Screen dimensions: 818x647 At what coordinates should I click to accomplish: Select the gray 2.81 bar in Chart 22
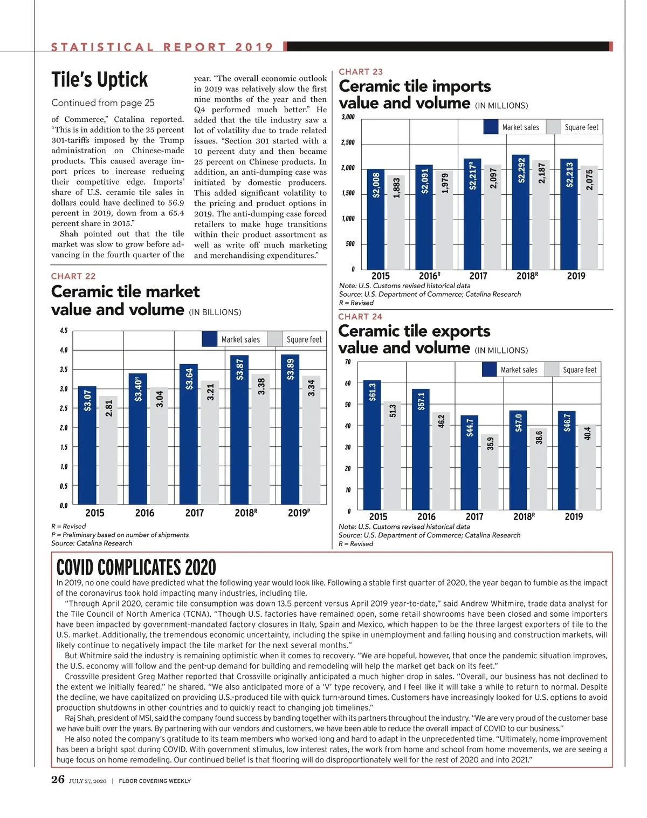click(108, 451)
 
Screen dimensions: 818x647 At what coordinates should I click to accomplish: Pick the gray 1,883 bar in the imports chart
click(396, 222)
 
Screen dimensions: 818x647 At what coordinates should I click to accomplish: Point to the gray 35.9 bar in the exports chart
click(490, 472)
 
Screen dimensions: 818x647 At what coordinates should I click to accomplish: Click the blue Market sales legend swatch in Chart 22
click(210, 339)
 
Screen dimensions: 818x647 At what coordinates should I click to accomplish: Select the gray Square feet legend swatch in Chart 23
click(553, 127)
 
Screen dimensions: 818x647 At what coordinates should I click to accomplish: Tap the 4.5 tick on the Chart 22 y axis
click(64, 331)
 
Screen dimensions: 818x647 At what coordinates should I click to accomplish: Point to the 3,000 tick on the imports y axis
click(348, 117)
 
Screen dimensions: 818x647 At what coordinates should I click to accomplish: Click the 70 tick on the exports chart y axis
click(348, 362)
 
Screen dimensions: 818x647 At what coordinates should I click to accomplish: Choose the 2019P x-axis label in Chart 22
click(299, 513)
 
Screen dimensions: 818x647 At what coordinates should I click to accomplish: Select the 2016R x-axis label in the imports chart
click(429, 276)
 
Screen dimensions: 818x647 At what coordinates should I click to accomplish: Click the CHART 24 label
click(360, 317)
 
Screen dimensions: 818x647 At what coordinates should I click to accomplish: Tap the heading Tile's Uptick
click(100, 80)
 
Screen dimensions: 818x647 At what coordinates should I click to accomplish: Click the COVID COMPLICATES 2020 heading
click(136, 568)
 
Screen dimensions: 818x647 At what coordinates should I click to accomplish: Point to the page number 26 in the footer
click(58, 780)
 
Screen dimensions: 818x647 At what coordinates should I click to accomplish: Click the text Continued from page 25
click(103, 103)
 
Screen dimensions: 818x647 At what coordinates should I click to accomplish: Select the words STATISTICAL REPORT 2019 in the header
click(162, 47)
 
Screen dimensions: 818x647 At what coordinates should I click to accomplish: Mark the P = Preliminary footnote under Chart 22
click(120, 535)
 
